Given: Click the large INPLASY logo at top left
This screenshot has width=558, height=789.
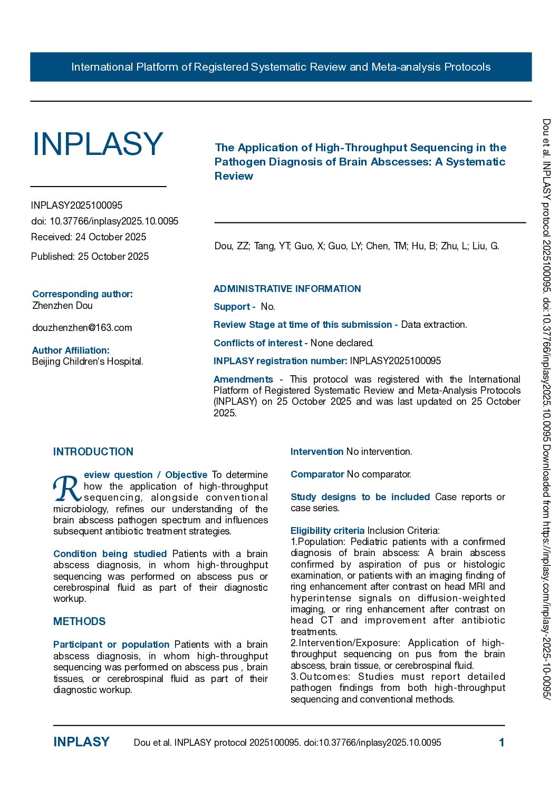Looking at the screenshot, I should pyautogui.click(x=98, y=144).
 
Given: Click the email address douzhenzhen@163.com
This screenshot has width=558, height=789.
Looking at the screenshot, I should pyautogui.click(x=82, y=328).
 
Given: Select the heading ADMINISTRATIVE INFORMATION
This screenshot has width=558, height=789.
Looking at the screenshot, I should pyautogui.click(x=287, y=289).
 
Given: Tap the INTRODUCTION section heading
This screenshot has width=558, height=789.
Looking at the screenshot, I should pyautogui.click(x=93, y=452).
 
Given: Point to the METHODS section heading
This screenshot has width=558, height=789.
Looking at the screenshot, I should pyautogui.click(x=80, y=621).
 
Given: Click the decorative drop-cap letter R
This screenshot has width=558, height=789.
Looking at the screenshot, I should pyautogui.click(x=66, y=489).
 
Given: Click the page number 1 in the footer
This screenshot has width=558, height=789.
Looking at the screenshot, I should pyautogui.click(x=502, y=743).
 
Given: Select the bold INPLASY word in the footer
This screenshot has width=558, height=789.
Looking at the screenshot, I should pyautogui.click(x=81, y=742).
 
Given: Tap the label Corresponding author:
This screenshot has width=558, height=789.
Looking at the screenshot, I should pyautogui.click(x=82, y=294).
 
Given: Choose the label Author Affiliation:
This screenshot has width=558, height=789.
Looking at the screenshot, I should pyautogui.click(x=71, y=350).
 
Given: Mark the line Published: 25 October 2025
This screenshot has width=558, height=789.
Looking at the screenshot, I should pyautogui.click(x=90, y=257).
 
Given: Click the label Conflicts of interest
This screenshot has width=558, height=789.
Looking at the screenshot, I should pyautogui.click(x=258, y=343).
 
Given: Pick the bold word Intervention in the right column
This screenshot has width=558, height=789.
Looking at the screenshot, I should pyautogui.click(x=317, y=452).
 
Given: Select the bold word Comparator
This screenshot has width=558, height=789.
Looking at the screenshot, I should pyautogui.click(x=318, y=474).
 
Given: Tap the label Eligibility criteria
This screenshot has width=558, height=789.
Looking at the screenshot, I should pyautogui.click(x=328, y=531).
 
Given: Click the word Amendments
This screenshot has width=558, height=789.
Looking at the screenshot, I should pyautogui.click(x=243, y=379).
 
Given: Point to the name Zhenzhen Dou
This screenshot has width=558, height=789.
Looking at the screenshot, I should pyautogui.click(x=62, y=306).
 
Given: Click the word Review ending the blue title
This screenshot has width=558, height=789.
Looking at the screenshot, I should pyautogui.click(x=234, y=176).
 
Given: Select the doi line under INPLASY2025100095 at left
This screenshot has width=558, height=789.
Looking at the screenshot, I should pyautogui.click(x=104, y=221).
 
